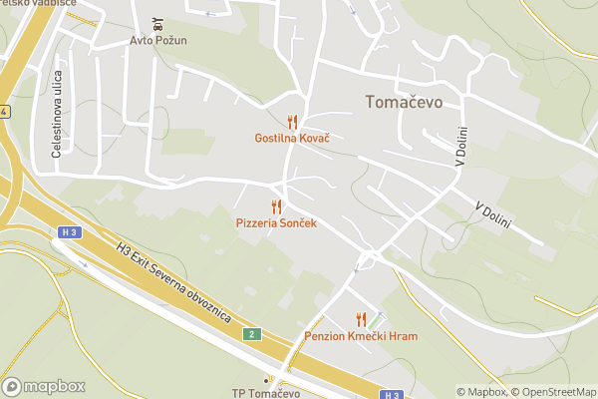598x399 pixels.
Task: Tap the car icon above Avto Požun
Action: [x=159, y=23]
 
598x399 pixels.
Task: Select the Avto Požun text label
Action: [x=159, y=41]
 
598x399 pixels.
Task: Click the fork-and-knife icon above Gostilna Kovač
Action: [x=292, y=121]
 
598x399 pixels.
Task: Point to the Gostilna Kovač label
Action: [x=292, y=137]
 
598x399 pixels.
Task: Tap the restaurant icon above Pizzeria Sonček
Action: [x=276, y=206]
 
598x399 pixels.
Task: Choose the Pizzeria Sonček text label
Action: [x=276, y=223]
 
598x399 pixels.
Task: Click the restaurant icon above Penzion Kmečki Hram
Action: [x=361, y=319]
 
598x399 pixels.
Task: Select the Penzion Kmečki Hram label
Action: [x=361, y=336]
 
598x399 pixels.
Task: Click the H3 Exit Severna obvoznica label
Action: [x=173, y=284]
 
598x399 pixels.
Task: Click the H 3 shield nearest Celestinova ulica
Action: [x=69, y=232]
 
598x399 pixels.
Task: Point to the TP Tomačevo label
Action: [x=265, y=392]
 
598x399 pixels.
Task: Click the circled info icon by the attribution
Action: [x=591, y=392]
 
